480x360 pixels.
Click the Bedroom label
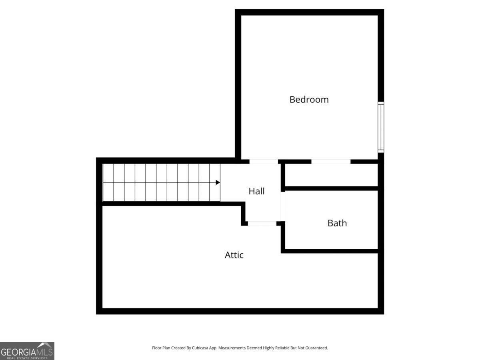309,99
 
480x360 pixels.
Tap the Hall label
256,191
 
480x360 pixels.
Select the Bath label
337,223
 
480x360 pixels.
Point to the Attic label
234,255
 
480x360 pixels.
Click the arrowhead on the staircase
218,182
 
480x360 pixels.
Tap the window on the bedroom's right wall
381,127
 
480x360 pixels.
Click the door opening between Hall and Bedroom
264,162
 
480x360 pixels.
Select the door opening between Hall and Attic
262,223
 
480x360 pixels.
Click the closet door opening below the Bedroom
331,162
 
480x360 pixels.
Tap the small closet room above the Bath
331,175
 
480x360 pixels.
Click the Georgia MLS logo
27,351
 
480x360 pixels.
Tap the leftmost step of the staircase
108,182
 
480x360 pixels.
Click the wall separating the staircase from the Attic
172,204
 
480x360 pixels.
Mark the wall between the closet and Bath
331,188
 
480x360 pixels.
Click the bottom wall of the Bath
331,251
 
